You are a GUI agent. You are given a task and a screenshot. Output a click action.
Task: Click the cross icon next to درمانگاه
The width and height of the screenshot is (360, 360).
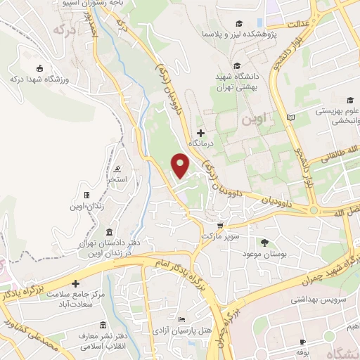pos(201,132)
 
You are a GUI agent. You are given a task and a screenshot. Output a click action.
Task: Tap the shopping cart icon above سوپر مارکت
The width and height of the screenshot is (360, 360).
pos(219,226)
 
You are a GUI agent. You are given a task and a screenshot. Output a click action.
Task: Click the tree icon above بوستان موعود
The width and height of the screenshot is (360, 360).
pos(264,243)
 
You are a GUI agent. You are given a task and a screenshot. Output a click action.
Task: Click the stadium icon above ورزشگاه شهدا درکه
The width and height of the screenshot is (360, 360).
pos(40,68)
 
